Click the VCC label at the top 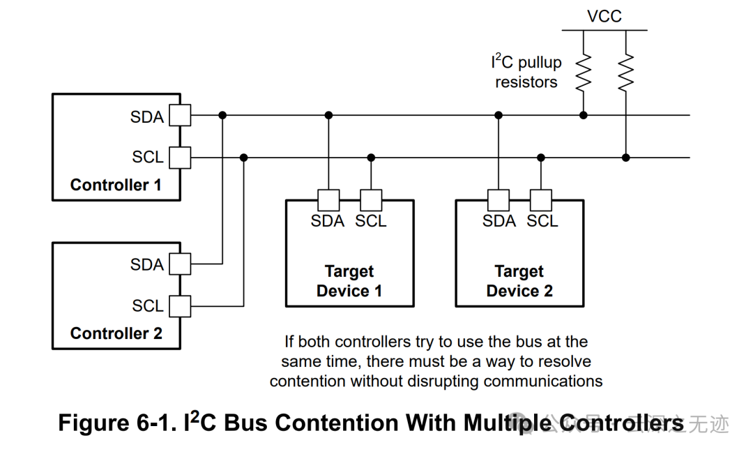click(x=604, y=16)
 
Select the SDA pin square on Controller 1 click(x=180, y=115)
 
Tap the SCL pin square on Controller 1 click(x=180, y=158)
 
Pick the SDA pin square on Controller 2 click(x=180, y=264)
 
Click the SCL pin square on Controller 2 click(x=180, y=305)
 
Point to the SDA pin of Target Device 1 click(x=328, y=200)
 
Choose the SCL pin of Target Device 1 click(x=371, y=200)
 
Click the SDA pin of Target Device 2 click(x=499, y=200)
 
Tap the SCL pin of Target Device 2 click(x=541, y=200)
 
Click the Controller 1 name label click(x=116, y=186)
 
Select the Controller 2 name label click(x=116, y=333)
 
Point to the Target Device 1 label click(x=349, y=281)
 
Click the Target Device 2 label click(x=519, y=281)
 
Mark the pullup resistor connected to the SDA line click(x=583, y=71)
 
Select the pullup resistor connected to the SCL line click(x=626, y=71)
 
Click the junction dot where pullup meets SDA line click(x=583, y=115)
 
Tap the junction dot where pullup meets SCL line click(x=626, y=158)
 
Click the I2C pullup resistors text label click(x=526, y=72)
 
